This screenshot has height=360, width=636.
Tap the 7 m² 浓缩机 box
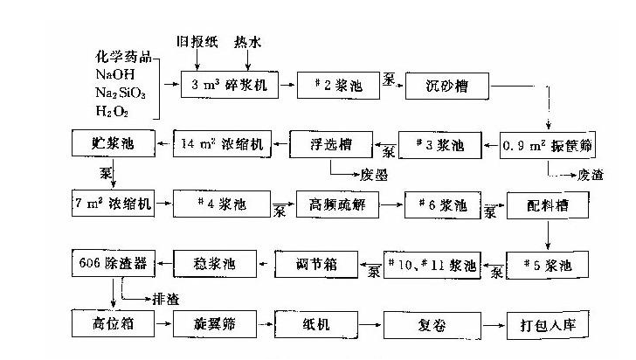pos(113,204)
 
